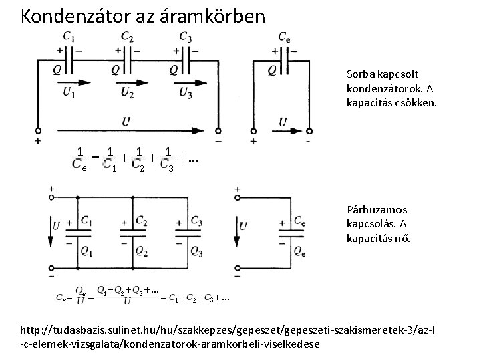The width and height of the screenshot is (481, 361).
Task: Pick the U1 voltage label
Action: pyautogui.click(x=69, y=94)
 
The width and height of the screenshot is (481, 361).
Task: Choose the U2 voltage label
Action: pyautogui.click(x=127, y=94)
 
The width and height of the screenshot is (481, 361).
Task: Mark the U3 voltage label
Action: pyautogui.click(x=186, y=94)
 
